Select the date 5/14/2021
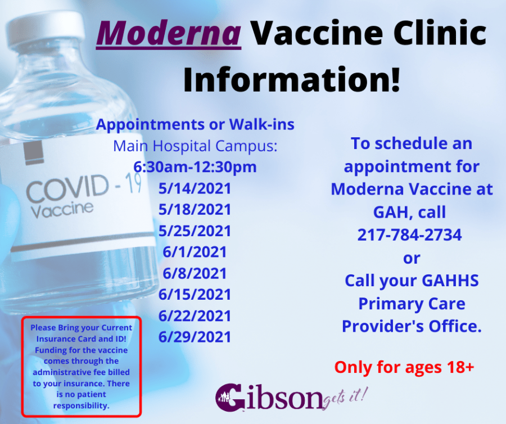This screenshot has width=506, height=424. [x=195, y=188]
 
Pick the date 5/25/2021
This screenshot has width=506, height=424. [x=195, y=231]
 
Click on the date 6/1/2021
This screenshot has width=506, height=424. [x=195, y=252]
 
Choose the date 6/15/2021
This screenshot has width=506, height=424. [x=195, y=294]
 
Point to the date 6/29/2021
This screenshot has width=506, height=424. [x=195, y=337]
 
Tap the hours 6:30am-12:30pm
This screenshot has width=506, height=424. [x=195, y=167]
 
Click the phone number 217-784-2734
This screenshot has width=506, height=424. [x=410, y=234]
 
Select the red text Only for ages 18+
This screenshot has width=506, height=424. [x=404, y=368]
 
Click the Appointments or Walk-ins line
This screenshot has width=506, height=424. [x=195, y=124]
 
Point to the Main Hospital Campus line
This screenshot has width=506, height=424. [x=195, y=146]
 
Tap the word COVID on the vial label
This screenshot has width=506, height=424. [x=67, y=188]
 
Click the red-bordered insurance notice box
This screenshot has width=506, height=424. [x=82, y=366]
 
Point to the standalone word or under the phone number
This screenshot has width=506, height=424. [x=412, y=258]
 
